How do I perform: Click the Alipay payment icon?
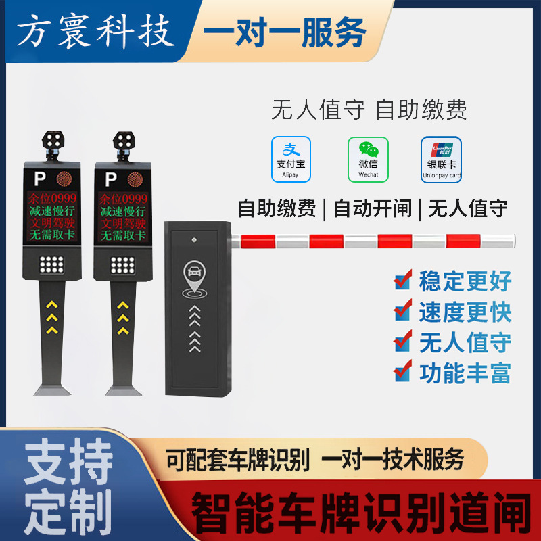click(291, 159)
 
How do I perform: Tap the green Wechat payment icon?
click(368, 159)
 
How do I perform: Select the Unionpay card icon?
click(441, 160)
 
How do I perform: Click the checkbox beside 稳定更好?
click(403, 280)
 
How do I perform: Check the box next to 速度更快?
click(403, 310)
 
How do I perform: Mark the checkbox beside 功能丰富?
click(403, 371)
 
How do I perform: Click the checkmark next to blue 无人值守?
click(403, 341)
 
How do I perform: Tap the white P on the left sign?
click(40, 179)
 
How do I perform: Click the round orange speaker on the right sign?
click(135, 179)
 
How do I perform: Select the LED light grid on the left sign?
click(51, 264)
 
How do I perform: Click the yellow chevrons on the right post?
click(123, 318)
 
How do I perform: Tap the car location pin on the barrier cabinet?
click(195, 278)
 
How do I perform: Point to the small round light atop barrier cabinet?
click(194, 240)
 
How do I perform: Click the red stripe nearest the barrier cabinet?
click(258, 241)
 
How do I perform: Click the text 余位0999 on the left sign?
click(53, 198)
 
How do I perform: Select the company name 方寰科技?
click(95, 31)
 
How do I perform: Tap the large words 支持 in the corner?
click(68, 461)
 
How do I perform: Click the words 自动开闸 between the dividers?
click(373, 208)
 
